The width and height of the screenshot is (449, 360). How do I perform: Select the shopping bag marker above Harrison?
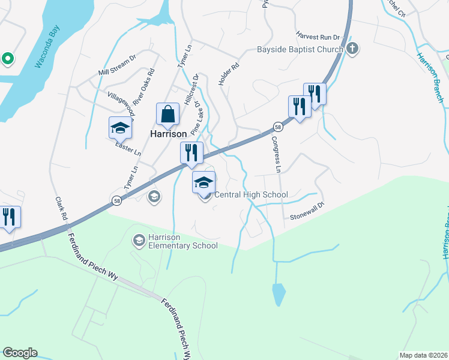[167, 113]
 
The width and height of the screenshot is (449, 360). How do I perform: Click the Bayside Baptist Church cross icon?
[352, 49]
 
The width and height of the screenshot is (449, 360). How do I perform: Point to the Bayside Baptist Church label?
[300, 49]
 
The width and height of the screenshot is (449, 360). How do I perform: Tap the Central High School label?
[251, 194]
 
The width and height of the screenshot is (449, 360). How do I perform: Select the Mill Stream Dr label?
[118, 65]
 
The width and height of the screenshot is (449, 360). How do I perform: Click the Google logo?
[20, 353]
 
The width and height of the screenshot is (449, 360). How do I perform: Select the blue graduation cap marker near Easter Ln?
[120, 128]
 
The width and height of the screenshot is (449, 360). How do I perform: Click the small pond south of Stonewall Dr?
[279, 295]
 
